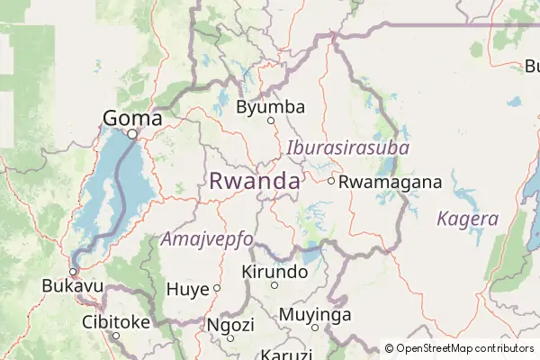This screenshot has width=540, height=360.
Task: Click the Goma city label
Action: pos(132,118)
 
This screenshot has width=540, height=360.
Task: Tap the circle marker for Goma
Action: pos(132,134)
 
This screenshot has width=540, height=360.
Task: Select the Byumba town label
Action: pos(270,107)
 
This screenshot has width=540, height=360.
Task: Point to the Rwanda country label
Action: pos(254,181)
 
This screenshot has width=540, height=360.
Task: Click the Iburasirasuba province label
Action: pos(348,148)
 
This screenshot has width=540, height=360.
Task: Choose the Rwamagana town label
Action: pos(391,182)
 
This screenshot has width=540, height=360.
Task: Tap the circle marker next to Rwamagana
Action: pos(331,181)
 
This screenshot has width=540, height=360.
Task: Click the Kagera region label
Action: pos(467,219)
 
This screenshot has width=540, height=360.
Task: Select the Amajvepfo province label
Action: pos(206,238)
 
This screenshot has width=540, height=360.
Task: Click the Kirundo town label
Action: pos(274,271)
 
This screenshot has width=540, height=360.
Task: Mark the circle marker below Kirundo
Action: pos(274,285)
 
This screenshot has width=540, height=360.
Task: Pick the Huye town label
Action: pos(188,289)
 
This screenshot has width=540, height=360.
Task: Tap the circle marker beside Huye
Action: pos(217,288)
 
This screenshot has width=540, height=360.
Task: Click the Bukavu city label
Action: pos(72,286)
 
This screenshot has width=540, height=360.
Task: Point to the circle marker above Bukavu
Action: pos(74,271)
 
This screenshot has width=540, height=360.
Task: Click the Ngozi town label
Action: pos(230,324)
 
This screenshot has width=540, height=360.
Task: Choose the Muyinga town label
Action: pos(314,315)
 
